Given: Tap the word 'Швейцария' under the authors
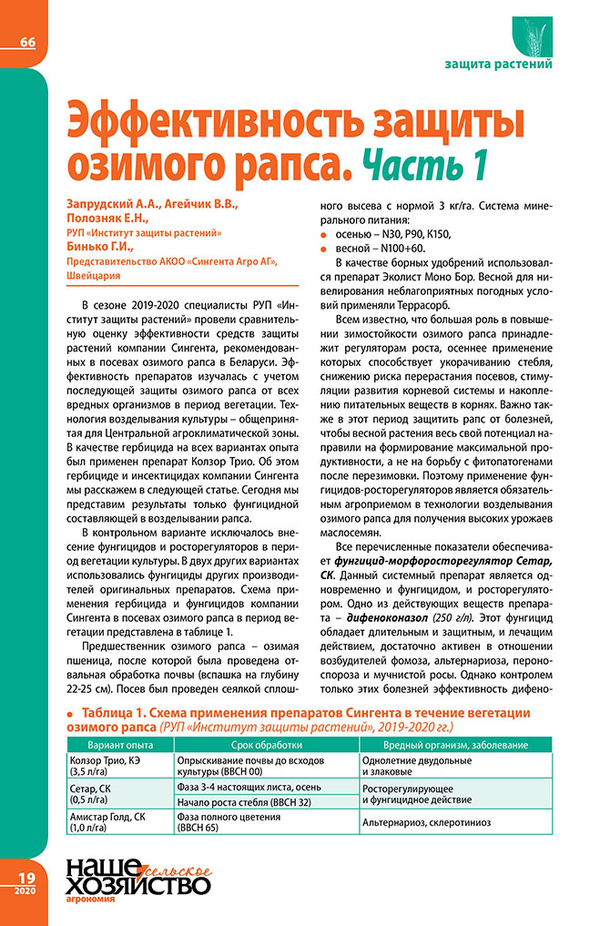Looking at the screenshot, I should click(93, 275).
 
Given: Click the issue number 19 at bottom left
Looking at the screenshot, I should click(25, 875).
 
